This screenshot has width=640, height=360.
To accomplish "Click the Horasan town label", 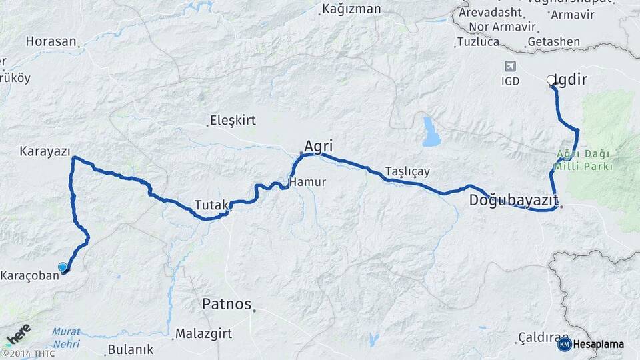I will [51, 41].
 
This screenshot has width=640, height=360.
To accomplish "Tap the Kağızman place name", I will [351, 9].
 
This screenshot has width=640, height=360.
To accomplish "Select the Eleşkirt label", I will [233, 121].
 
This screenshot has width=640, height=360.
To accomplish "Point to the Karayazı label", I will [45, 151].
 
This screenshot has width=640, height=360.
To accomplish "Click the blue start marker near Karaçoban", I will [63, 267].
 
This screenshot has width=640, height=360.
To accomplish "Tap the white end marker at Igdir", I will [551, 80].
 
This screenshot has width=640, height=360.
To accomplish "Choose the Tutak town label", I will [211, 204].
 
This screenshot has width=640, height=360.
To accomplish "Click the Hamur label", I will [307, 182].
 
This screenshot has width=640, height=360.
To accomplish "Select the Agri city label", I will [318, 146].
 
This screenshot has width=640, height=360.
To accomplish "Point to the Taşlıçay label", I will [407, 171].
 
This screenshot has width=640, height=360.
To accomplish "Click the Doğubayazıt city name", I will [513, 199].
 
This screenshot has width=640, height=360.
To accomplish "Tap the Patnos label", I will [227, 305].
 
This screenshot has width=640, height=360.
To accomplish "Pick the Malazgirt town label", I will [203, 333].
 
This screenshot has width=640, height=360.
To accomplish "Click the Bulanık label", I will [130, 349].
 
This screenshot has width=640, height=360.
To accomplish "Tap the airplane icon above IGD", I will [511, 67].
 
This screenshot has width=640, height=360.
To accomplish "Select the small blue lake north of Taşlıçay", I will [431, 132].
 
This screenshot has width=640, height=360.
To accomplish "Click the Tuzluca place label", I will [478, 42].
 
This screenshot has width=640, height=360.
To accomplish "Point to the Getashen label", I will [553, 41].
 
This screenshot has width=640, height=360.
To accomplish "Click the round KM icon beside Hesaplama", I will [564, 344].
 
